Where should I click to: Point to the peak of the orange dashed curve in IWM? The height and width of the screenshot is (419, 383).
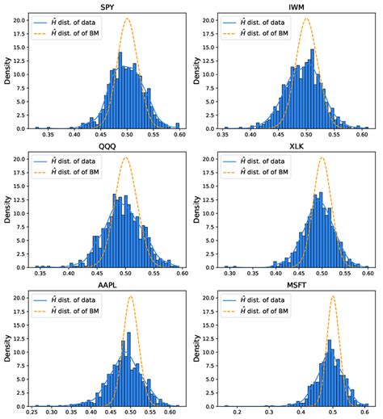306,19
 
